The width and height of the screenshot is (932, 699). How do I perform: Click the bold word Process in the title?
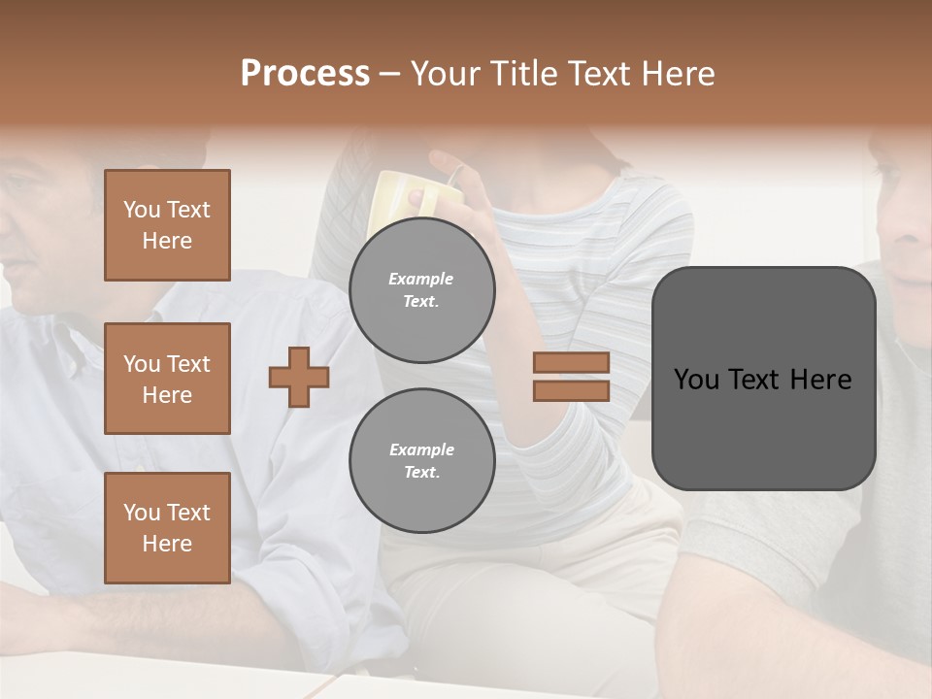pyautogui.click(x=305, y=74)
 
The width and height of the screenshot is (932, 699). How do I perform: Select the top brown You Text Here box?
pyautogui.click(x=167, y=225)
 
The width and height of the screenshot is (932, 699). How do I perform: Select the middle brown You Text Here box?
pyautogui.click(x=167, y=379)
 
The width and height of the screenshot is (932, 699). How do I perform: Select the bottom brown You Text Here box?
pyautogui.click(x=167, y=527)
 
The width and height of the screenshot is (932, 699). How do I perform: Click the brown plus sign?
pyautogui.click(x=298, y=377)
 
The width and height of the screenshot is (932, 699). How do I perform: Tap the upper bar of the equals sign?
pyautogui.click(x=571, y=362)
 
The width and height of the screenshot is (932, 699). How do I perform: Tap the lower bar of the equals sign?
pyautogui.click(x=571, y=390)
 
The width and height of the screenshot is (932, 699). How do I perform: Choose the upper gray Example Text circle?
pyautogui.click(x=421, y=289)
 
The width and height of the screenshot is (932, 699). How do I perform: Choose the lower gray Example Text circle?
pyautogui.click(x=421, y=460)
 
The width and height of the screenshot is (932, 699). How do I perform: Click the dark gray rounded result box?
pyautogui.click(x=763, y=379)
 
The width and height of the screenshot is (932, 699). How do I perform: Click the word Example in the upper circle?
pyautogui.click(x=421, y=279)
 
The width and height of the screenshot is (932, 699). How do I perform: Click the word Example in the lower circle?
pyautogui.click(x=421, y=449)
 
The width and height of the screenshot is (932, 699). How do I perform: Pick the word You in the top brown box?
pyautogui.click(x=142, y=210)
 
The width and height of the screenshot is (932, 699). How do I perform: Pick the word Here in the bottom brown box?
pyautogui.click(x=167, y=544)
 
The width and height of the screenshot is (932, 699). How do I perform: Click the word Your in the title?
pyautogui.click(x=447, y=74)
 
